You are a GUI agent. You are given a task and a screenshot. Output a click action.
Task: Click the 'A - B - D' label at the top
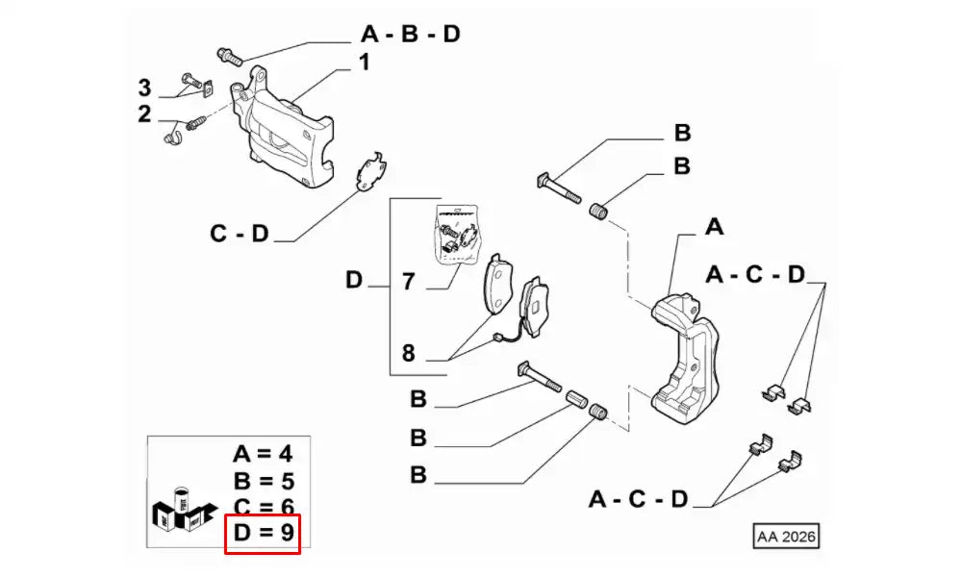[x=411, y=36]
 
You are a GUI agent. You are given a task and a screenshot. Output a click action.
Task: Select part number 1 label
[x=365, y=63]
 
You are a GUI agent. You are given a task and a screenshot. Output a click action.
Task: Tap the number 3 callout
[x=144, y=88]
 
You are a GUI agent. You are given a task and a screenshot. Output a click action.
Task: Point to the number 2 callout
[x=144, y=115]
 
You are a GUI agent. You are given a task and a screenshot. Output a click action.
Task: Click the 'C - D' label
[x=240, y=234]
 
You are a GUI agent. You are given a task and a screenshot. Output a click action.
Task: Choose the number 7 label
[x=408, y=282]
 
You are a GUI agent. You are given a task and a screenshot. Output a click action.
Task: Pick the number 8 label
[x=408, y=353]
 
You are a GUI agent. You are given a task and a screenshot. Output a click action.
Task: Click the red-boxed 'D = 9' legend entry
[x=263, y=533]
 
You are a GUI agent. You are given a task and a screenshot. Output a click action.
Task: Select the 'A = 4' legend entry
[x=263, y=454]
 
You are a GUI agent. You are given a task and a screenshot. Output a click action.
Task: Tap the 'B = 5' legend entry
[x=263, y=481]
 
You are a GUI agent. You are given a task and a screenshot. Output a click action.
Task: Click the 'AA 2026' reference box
[x=786, y=536]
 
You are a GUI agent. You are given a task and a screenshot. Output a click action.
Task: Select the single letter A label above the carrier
[x=713, y=227]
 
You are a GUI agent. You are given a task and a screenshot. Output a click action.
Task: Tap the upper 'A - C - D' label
[x=755, y=275]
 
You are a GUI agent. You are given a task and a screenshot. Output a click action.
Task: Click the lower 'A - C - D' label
[x=639, y=499]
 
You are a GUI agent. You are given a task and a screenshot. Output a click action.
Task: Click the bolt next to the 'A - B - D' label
[x=229, y=54]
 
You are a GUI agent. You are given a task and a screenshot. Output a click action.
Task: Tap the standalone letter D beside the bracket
[x=354, y=282]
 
